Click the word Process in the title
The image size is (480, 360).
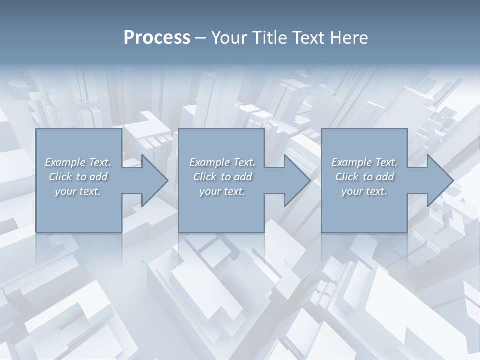point(157,38)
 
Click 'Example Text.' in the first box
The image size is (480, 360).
point(78,162)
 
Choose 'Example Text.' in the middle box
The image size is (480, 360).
point(222,162)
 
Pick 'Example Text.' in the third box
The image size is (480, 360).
point(364,162)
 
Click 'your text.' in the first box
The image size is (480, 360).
point(78,192)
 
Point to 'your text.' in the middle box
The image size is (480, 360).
point(222,192)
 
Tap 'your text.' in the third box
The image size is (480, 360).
point(364,192)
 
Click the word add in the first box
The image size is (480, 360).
point(98,177)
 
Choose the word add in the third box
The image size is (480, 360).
point(385,177)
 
